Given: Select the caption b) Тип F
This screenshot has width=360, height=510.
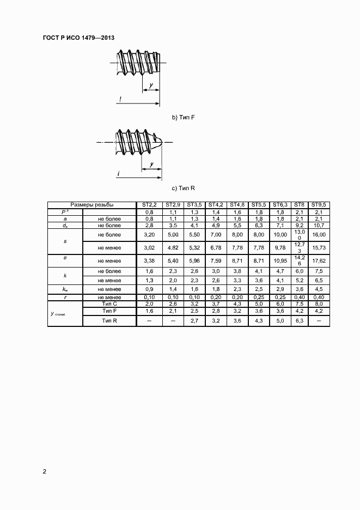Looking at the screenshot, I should click(x=183, y=117).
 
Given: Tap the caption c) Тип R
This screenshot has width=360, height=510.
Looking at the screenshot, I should click(x=183, y=188).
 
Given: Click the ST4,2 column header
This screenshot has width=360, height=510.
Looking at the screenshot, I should click(x=216, y=205).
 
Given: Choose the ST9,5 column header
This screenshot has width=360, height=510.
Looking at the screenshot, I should click(x=318, y=205).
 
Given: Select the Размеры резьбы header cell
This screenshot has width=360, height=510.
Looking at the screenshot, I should click(x=91, y=205).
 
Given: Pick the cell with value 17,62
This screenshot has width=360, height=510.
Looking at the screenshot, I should click(x=318, y=261).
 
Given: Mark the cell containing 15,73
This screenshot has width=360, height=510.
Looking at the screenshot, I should click(x=318, y=248).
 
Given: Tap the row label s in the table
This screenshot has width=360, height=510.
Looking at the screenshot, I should click(x=65, y=241).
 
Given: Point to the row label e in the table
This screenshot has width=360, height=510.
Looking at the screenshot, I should click(x=65, y=261).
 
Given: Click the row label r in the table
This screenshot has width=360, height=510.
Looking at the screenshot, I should click(x=65, y=297).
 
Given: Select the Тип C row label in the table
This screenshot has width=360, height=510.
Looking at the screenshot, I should click(x=109, y=303).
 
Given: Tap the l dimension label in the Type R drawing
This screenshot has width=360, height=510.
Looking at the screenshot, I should click(x=118, y=174).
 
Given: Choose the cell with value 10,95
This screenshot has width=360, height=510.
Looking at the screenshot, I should click(x=280, y=261).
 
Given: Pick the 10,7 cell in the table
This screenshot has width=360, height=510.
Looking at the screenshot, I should click(x=318, y=224).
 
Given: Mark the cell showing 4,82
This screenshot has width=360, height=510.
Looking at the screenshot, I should click(x=173, y=248).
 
